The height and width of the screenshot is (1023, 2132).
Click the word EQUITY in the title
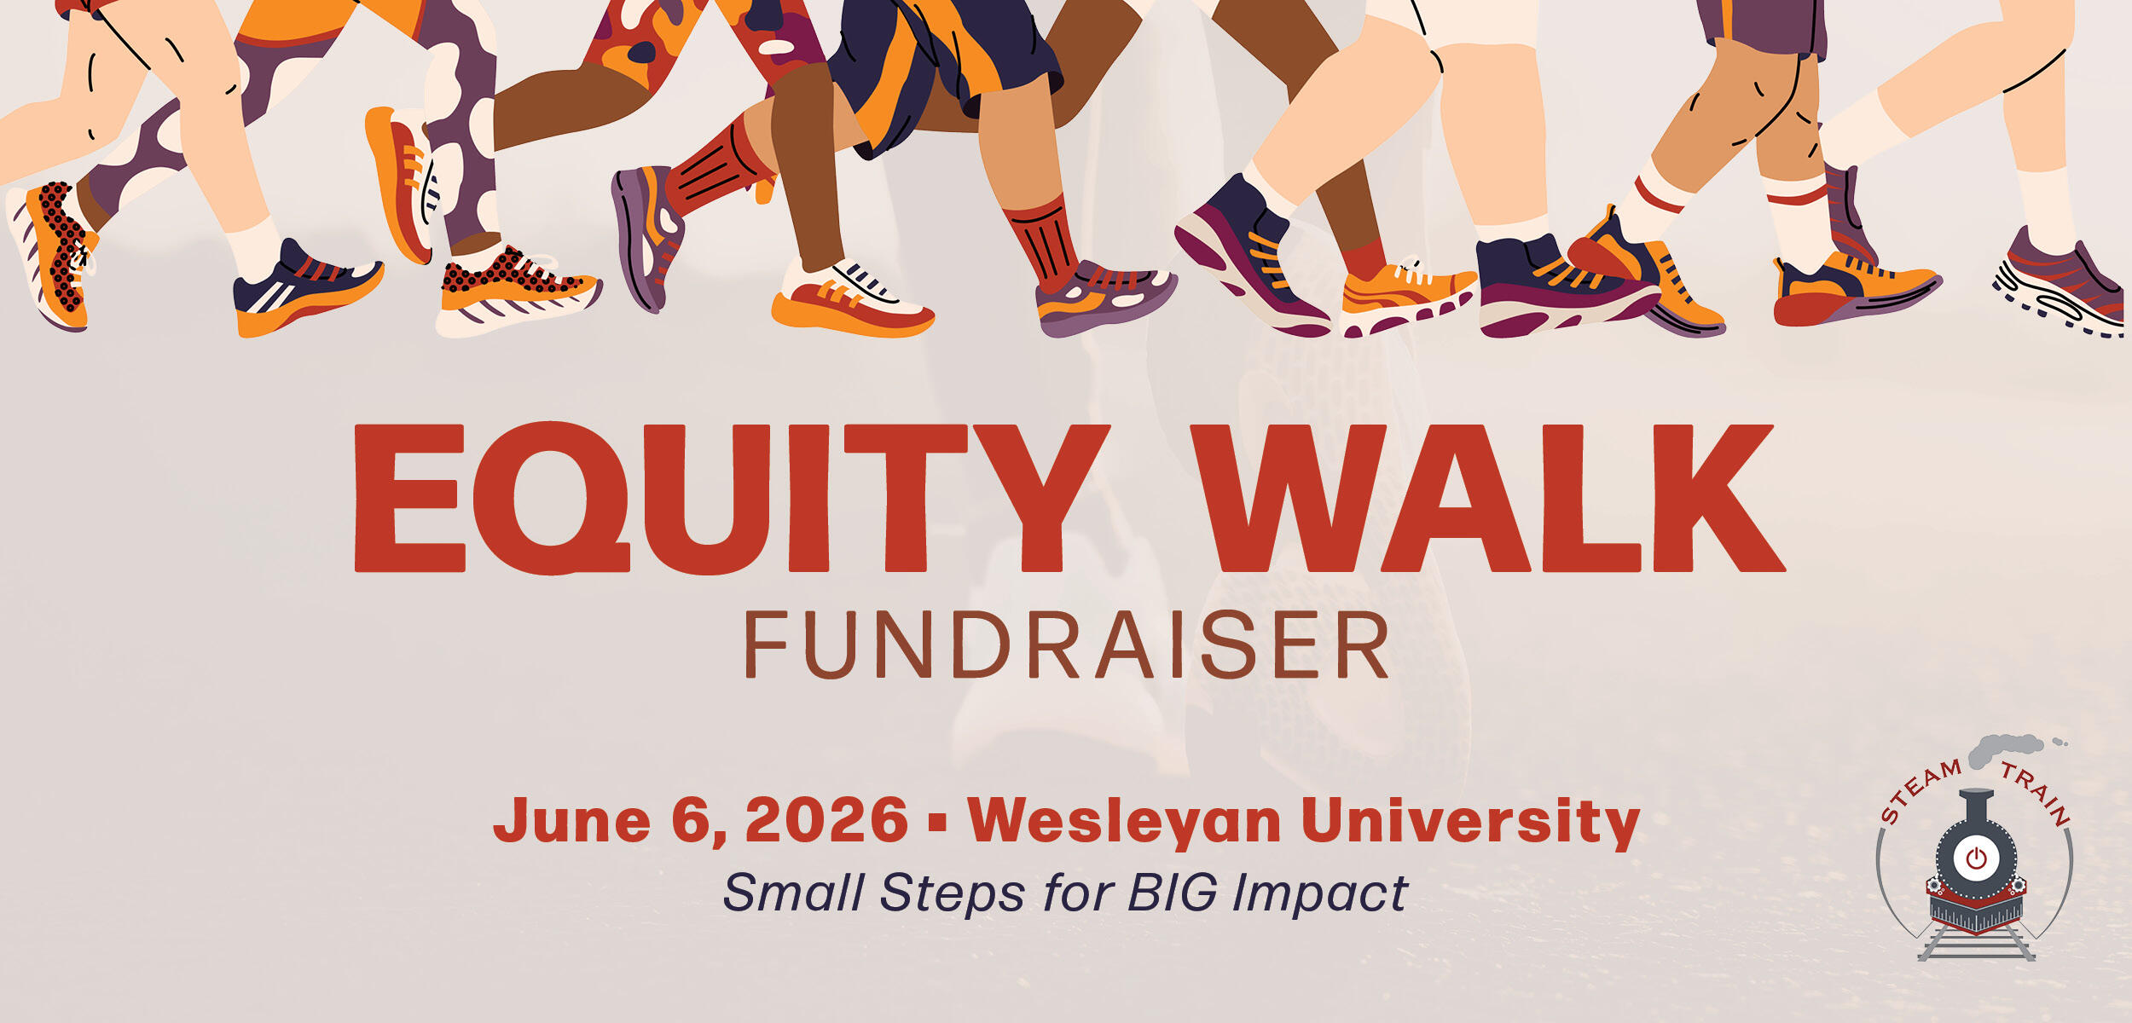point(732,499)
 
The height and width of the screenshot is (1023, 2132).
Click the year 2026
point(826,820)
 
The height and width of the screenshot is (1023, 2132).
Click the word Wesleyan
point(1124,820)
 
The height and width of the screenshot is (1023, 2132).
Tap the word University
point(1470,820)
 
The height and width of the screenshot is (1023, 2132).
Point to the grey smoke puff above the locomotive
point(2004,749)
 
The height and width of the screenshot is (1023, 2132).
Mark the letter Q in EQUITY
point(551,499)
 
